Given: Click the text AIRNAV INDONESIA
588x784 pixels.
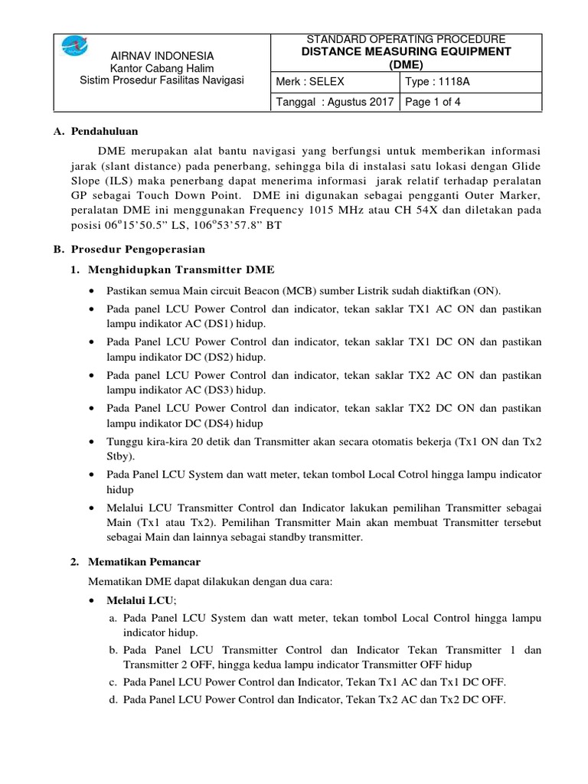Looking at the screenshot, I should (163, 57).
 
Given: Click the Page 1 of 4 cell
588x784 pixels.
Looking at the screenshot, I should (433, 102).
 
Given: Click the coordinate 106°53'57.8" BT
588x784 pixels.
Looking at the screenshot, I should (248, 226).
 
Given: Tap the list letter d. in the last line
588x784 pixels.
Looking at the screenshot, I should (113, 699).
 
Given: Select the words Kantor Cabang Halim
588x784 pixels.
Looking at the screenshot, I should (163, 69).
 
